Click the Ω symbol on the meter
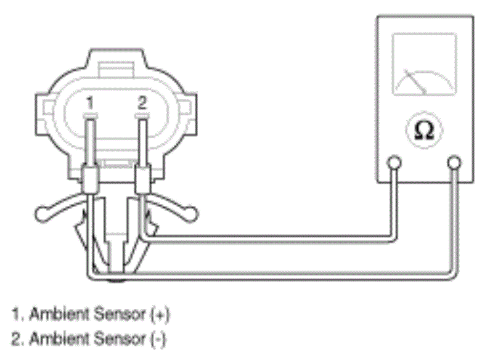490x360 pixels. [424, 130]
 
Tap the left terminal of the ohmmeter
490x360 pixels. [394, 163]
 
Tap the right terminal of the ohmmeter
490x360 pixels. [454, 163]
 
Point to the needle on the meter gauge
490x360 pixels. [415, 81]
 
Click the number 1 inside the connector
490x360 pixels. [90, 103]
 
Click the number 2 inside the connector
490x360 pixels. [142, 102]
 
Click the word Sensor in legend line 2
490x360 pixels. [120, 338]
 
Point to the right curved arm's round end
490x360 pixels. [190, 214]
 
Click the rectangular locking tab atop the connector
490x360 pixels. [116, 70]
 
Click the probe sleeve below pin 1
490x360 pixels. [91, 181]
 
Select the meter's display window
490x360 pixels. [425, 64]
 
